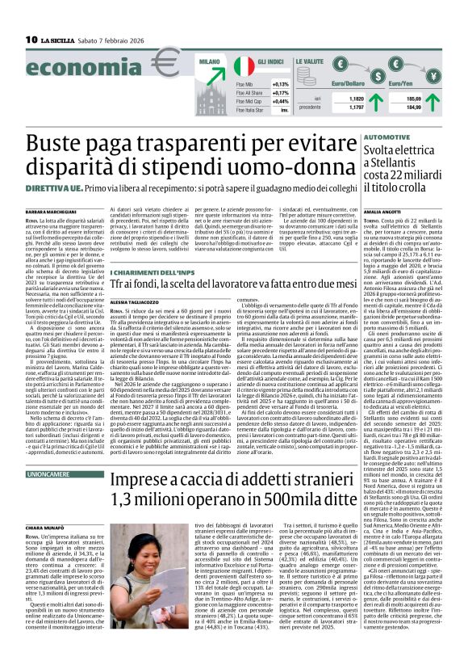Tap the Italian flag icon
click(244, 66)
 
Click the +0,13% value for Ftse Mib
click(279, 83)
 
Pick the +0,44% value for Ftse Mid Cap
click(279, 102)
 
